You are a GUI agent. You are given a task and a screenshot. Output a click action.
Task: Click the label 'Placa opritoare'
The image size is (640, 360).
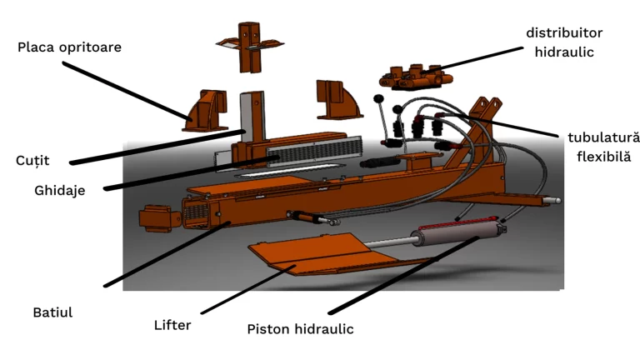click(69, 47)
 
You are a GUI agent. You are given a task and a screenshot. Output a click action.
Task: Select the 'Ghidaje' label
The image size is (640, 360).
click(59, 191)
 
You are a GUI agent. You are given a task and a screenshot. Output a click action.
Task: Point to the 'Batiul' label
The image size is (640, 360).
click(52, 312)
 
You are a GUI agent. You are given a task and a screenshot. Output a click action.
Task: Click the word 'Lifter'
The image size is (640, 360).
click(172, 324)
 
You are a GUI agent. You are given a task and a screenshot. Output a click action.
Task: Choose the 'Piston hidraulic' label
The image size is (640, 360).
click(300, 329)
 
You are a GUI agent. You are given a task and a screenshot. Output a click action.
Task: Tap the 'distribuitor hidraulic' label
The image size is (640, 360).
click(563, 42)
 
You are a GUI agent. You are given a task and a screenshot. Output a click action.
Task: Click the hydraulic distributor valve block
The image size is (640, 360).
click(414, 76)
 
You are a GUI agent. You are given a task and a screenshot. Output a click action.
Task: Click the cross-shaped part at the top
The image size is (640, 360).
click(249, 46)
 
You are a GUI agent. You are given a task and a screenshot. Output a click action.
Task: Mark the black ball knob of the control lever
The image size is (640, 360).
click(379, 100)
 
